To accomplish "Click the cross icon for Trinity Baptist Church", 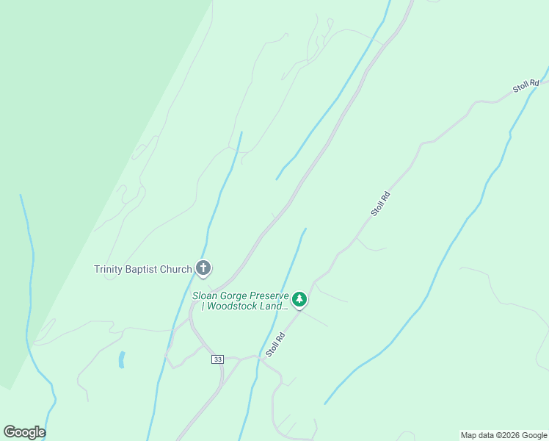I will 203,268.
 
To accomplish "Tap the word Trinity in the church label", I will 109,269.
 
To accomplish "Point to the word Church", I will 176,269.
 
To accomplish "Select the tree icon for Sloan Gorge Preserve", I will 299,299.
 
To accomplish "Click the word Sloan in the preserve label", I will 206,295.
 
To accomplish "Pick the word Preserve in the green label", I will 271,295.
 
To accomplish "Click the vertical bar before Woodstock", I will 205,306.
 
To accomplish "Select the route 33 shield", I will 217,359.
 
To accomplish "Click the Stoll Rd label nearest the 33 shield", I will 275,344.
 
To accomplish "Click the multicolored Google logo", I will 24,432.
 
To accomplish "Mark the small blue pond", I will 121,359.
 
